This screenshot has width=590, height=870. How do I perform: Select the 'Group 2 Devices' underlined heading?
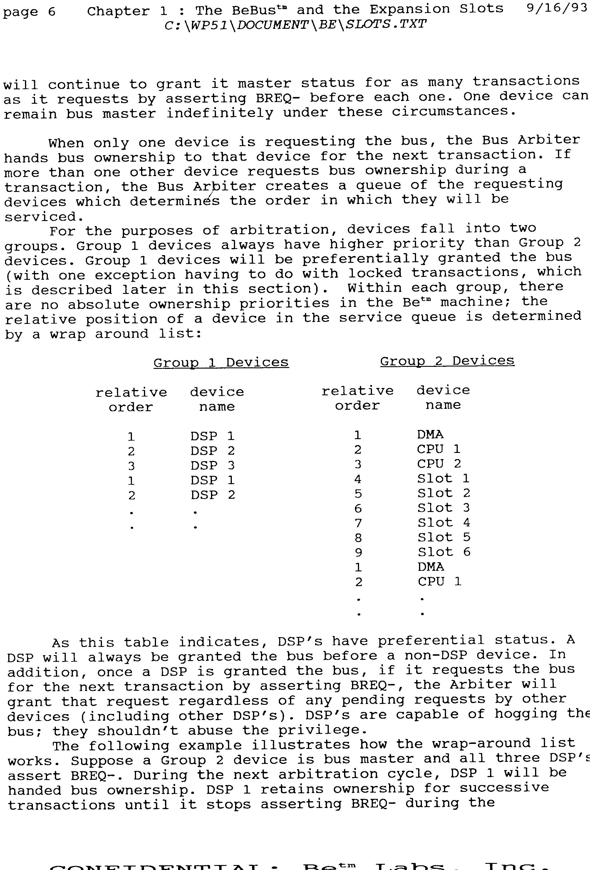click(447, 361)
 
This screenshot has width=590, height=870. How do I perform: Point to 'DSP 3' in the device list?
click(212, 465)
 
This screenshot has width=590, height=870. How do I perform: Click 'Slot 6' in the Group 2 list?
click(444, 552)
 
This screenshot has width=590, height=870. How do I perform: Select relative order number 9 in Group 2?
click(358, 553)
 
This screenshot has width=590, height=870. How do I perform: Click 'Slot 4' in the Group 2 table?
click(444, 523)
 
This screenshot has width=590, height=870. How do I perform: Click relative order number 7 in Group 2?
click(358, 523)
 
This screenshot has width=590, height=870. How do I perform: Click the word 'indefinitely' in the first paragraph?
click(220, 113)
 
